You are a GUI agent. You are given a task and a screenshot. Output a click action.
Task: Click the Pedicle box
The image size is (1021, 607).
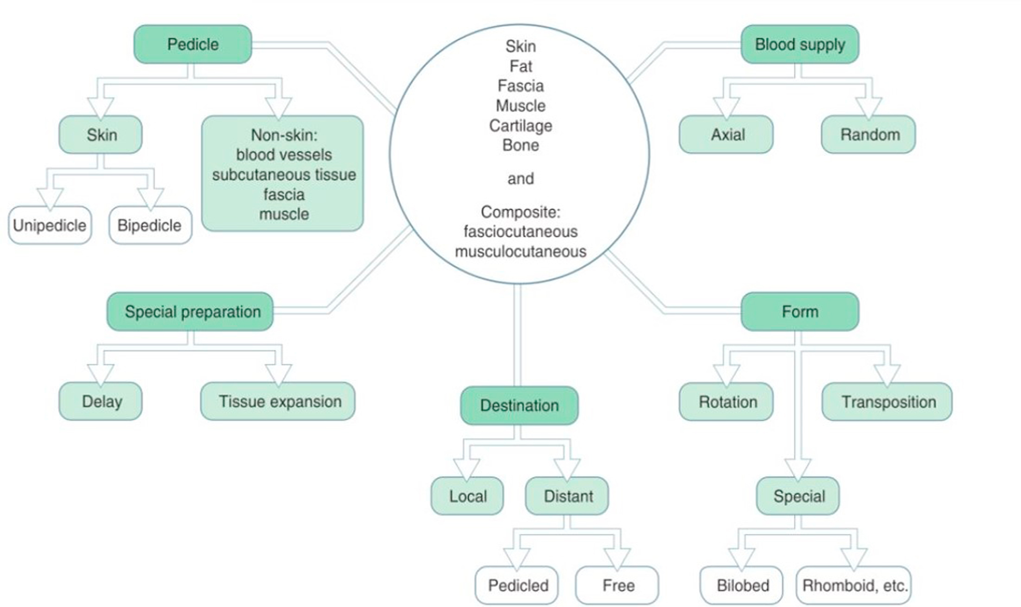(192, 44)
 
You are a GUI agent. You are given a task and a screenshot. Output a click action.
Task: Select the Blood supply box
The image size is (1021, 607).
(799, 44)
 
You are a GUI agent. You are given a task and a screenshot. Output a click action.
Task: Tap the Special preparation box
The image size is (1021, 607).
(190, 312)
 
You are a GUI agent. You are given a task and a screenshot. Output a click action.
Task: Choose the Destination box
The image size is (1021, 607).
(519, 406)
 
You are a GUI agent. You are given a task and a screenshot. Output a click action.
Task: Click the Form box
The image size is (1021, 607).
(799, 312)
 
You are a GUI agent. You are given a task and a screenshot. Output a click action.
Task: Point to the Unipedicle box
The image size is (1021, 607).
(50, 225)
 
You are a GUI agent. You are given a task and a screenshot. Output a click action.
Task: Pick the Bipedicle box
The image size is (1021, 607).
(150, 225)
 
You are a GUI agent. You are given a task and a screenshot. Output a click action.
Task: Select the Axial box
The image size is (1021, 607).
(726, 135)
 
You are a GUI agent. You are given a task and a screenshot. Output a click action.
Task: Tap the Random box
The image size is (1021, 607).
(868, 135)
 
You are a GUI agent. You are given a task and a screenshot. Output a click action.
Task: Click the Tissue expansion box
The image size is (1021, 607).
(278, 401)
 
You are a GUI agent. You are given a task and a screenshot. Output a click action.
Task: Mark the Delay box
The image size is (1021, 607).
(101, 401)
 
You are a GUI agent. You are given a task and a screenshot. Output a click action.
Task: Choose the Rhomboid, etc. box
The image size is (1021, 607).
(854, 585)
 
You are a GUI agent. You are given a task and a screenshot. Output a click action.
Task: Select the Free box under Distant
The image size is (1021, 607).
(617, 585)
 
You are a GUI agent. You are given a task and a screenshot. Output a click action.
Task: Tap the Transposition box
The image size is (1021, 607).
(887, 402)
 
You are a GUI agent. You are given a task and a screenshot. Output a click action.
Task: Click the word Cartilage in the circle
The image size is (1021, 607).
(520, 126)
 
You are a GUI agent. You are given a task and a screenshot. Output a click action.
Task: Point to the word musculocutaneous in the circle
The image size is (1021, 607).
(520, 251)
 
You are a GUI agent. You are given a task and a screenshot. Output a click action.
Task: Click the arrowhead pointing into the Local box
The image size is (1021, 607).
(466, 468)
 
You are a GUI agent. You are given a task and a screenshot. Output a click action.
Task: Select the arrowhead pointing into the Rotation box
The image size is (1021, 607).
(726, 374)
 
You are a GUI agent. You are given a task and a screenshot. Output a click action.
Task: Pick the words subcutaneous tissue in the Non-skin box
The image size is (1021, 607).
(284, 175)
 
